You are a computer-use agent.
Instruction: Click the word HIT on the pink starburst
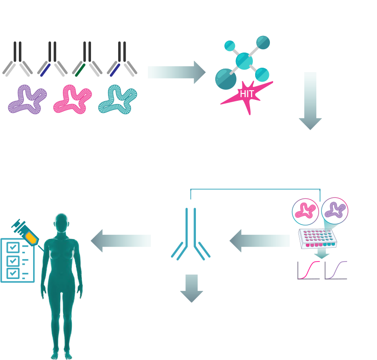pyautogui.click(x=247, y=94)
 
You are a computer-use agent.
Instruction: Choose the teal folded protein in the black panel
pyautogui.click(x=118, y=100)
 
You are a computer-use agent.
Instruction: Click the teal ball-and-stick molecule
pyautogui.click(x=244, y=61)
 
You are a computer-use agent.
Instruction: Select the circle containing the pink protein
pyautogui.click(x=305, y=211)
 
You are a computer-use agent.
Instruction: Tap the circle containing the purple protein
pyautogui.click(x=335, y=210)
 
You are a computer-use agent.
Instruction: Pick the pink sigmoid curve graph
pyautogui.click(x=308, y=270)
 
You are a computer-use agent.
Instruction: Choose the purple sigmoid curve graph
pyautogui.click(x=336, y=270)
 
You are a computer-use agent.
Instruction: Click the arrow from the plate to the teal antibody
pyautogui.click(x=259, y=241)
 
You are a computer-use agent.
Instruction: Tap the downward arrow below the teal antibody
pyautogui.click(x=191, y=288)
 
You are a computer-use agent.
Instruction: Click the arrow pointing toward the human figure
pyautogui.click(x=121, y=241)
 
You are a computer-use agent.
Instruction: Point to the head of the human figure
pyautogui.click(x=62, y=222)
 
